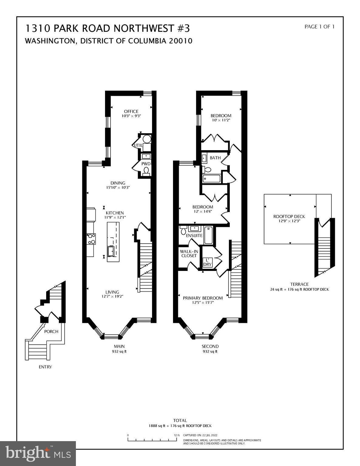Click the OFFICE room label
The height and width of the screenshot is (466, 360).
coord(131,111)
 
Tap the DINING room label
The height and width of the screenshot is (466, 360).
coord(118,183)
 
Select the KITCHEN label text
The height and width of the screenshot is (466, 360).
coord(115,213)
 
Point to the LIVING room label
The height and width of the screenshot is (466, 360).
coord(112,292)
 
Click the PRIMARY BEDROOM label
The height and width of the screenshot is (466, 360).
coord(202,298)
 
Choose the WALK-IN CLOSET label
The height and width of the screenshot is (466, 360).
coord(189,254)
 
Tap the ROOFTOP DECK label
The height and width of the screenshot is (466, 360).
coord(289,216)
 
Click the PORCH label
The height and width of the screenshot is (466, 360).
coord(51,331)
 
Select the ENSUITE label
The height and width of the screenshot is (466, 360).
coord(194,235)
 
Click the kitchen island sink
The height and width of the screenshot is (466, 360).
coord(111,251)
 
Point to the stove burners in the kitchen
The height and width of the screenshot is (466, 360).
coord(91,239)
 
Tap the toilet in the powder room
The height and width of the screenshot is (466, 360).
coord(146,171)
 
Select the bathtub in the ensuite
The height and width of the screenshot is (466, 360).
coord(208,235)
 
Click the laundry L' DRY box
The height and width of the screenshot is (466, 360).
coord(207,262)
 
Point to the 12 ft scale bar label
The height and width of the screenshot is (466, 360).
coord(177,435)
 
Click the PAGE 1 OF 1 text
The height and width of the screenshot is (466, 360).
coord(319,27)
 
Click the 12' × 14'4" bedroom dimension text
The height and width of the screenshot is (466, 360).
coord(202,211)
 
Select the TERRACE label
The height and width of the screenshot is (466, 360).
coord(299,284)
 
